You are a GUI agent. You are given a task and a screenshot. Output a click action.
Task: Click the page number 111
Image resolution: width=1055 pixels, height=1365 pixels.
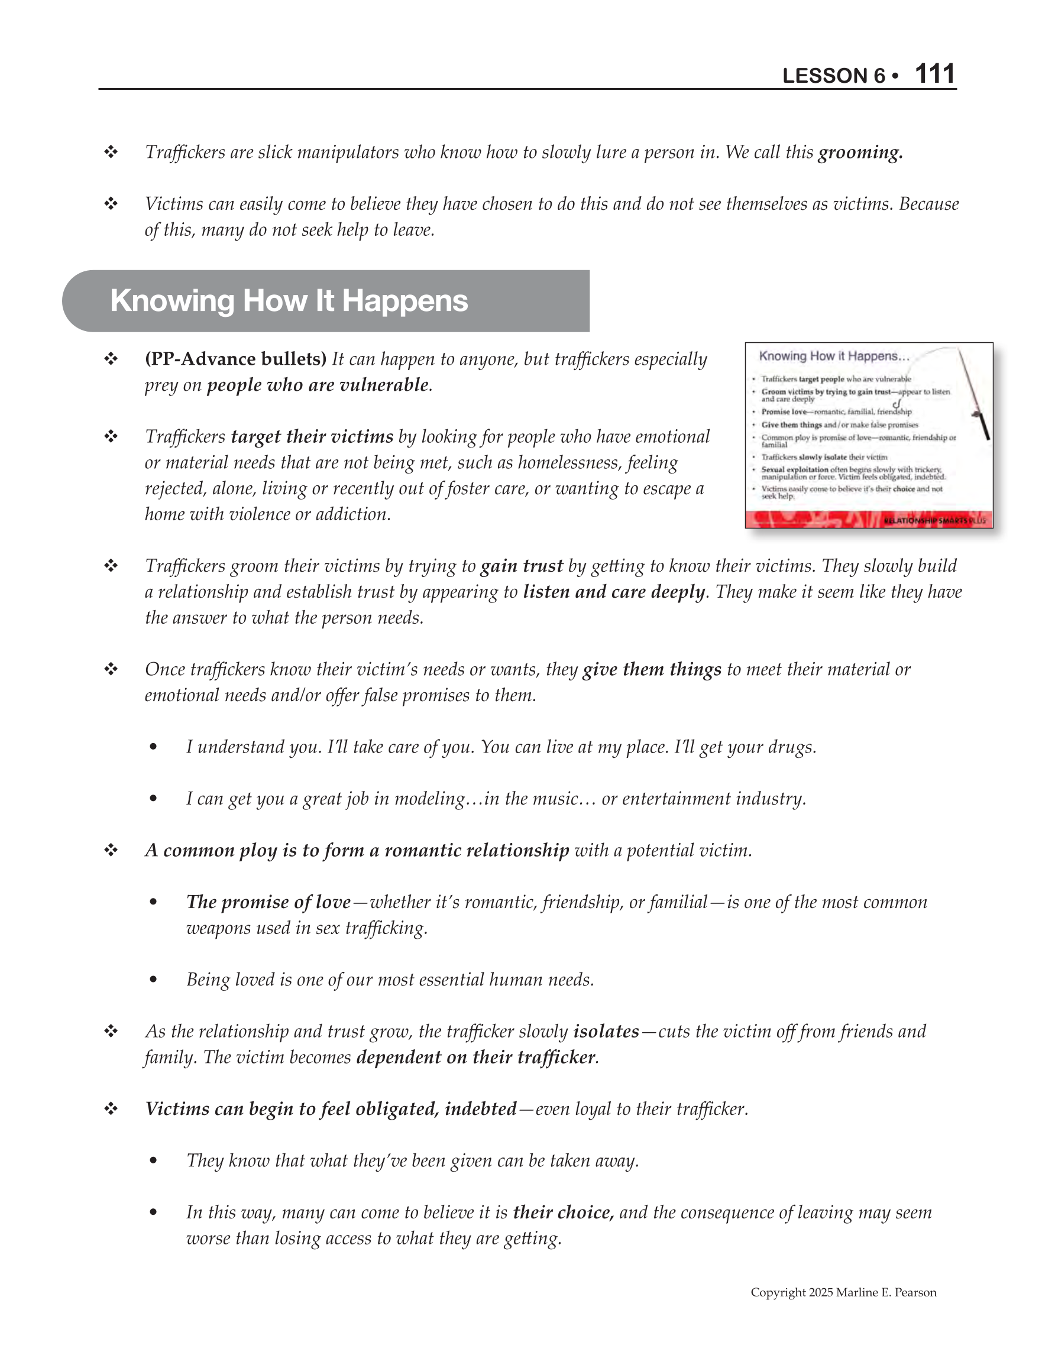(934, 74)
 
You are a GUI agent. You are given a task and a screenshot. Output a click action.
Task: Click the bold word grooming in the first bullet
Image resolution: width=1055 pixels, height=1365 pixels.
(860, 153)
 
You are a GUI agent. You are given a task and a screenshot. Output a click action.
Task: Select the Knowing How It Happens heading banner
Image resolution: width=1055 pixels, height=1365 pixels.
(325, 301)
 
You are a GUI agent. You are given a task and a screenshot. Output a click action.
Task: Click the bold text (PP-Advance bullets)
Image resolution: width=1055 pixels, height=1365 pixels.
(236, 359)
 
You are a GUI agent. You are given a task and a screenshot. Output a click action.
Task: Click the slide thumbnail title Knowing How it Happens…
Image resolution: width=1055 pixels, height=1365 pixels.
(834, 356)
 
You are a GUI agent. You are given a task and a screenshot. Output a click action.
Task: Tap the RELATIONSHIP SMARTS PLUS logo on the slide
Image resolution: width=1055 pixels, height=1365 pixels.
(934, 520)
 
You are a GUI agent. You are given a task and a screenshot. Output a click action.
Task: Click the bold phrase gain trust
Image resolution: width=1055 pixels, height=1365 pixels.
(522, 566)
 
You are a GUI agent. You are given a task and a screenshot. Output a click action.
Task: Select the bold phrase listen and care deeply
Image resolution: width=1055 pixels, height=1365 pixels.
(614, 592)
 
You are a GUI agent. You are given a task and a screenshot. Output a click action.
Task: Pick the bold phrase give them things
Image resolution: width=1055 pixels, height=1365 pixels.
(652, 669)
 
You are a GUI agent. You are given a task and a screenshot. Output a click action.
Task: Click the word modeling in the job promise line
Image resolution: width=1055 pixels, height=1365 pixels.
(430, 799)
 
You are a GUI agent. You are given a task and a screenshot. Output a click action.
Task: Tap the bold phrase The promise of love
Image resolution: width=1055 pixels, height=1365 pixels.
(268, 902)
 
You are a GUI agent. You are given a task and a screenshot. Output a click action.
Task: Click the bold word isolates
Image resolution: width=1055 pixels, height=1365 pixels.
(606, 1031)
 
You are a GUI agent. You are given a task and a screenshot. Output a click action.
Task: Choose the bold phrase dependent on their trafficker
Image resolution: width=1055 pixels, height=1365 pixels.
(476, 1058)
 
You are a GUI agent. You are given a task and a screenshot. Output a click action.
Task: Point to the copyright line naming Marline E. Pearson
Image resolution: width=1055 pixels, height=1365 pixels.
(843, 1292)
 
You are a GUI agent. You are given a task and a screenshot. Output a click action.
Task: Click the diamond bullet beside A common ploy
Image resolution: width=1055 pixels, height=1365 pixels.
(111, 850)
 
